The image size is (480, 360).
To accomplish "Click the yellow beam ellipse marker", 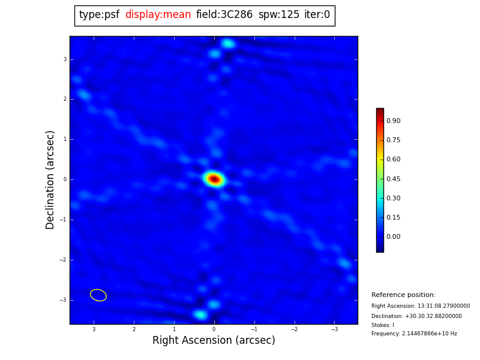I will coord(98,295).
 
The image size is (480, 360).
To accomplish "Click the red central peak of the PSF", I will coord(214,179).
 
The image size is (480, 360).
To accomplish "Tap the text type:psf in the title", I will coord(99,15).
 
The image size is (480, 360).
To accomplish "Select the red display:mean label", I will coord(158,15).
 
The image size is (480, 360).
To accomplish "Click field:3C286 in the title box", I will coord(224,15).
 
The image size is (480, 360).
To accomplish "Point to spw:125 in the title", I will coord(279,15).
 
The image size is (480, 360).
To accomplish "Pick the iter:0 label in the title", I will coord(317,15).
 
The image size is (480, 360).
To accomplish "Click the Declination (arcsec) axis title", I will coord(50,179).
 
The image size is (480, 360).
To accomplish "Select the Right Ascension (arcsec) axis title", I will coord(214,340).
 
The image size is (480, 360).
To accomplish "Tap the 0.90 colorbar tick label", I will coord(393,121).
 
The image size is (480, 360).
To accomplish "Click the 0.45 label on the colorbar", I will coord(393,179).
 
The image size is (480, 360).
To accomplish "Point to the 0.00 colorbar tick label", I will coord(393,237).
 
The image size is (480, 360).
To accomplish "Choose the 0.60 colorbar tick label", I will coord(393,160).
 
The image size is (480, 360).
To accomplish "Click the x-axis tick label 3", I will coord(94,329).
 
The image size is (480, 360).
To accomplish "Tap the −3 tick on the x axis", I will coord(335,329).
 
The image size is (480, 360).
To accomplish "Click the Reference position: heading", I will coord(403,295).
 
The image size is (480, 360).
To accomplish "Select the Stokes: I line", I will coord(383,325).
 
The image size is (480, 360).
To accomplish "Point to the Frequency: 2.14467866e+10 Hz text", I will coord(414,334).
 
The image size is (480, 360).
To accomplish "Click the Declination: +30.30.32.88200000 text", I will coord(416,316).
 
